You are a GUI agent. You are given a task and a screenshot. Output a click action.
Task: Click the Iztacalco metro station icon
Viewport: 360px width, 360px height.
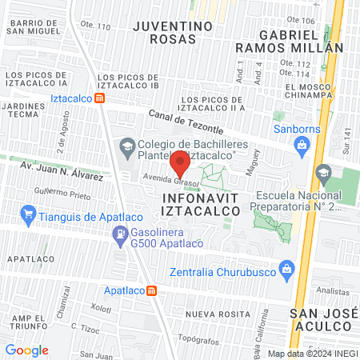click(x=100, y=98)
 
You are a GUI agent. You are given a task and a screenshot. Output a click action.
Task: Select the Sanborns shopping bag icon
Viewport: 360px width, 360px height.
click(x=302, y=145)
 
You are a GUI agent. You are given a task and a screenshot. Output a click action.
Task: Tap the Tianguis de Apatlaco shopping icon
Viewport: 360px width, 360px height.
click(x=30, y=214)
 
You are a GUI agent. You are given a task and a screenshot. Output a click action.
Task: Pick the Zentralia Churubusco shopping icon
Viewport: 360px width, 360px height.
click(x=286, y=270)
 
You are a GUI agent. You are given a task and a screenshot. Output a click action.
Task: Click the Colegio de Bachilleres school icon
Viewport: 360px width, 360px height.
click(x=126, y=146)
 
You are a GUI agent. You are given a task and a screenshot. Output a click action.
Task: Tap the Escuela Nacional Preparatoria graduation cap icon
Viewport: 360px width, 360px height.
click(x=322, y=172)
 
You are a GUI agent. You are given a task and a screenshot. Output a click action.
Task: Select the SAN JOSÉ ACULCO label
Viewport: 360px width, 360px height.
click(x=320, y=318)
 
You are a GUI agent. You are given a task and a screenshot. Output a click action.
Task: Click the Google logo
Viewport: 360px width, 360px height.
click(x=26, y=350)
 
